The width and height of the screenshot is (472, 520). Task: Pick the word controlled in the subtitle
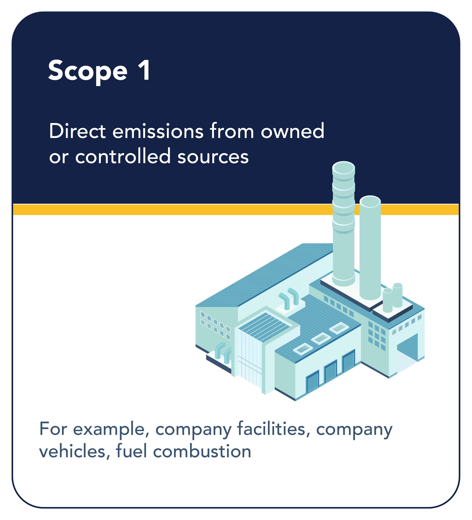123,156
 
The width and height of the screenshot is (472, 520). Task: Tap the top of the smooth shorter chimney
370,201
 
